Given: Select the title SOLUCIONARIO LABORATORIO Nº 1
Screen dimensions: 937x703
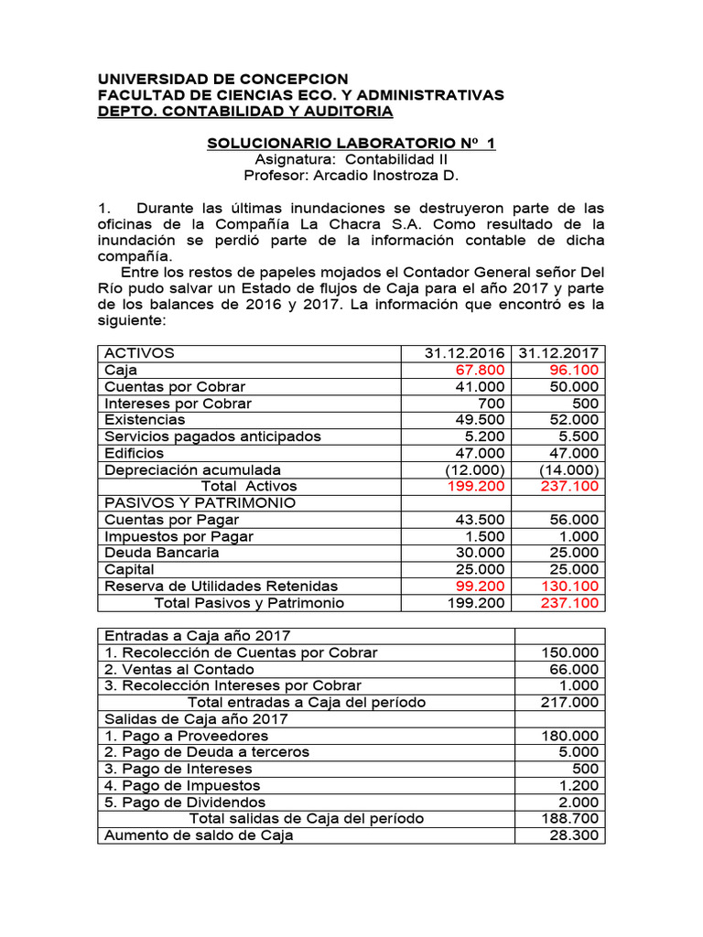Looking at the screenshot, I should pyautogui.click(x=351, y=144).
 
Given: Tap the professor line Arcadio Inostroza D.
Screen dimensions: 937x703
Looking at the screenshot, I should pyautogui.click(x=351, y=176).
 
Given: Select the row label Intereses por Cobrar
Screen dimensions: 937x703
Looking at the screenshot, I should pyautogui.click(x=178, y=404).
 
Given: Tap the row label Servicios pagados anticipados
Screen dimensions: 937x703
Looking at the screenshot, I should pyautogui.click(x=213, y=436).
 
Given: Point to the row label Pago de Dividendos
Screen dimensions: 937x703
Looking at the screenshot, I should pyautogui.click(x=186, y=802).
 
